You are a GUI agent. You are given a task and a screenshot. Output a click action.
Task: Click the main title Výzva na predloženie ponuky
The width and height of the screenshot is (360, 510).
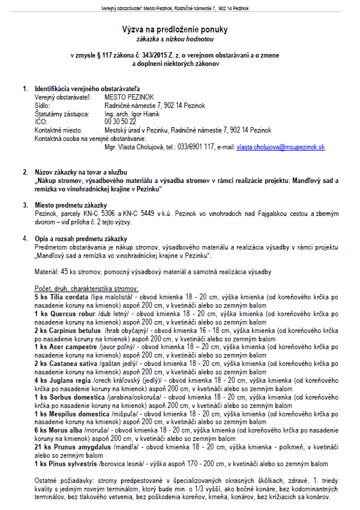coord(180,29)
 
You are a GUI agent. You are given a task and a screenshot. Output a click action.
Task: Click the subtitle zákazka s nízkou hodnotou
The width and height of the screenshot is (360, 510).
coord(180,39)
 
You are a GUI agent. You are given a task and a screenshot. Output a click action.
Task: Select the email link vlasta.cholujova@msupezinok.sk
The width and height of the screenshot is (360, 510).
coord(281,147)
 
